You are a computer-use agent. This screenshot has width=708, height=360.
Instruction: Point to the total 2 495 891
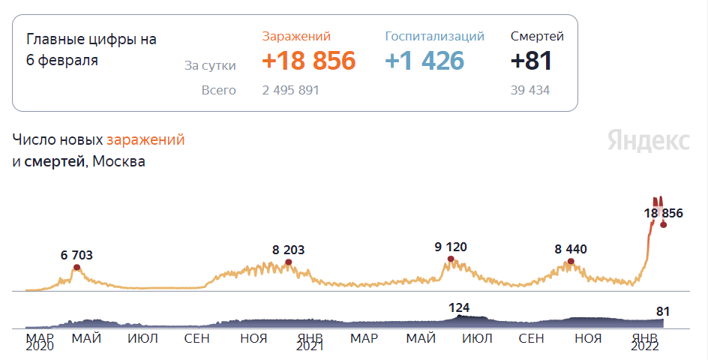(291, 91)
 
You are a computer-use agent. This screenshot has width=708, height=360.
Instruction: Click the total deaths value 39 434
(529, 91)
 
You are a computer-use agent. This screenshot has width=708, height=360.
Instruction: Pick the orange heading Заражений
(296, 36)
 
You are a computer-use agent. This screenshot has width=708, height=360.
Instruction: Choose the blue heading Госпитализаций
(434, 36)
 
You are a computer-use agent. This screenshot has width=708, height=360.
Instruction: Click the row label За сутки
(210, 66)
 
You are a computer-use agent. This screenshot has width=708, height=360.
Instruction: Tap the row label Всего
(218, 91)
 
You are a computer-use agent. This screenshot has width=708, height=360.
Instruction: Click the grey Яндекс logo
(649, 140)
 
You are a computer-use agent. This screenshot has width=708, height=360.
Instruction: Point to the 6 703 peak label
(76, 255)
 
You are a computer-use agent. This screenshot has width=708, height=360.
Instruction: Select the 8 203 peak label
(289, 250)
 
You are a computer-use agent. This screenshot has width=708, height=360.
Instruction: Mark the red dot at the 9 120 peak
(451, 259)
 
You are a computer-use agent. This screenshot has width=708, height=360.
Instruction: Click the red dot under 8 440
(571, 261)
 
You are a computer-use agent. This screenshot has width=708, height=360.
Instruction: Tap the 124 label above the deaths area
(459, 307)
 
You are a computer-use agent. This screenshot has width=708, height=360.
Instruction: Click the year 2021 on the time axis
(310, 347)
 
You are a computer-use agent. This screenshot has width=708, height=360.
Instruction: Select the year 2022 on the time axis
(644, 347)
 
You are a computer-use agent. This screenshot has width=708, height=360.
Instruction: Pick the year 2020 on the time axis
(40, 347)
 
